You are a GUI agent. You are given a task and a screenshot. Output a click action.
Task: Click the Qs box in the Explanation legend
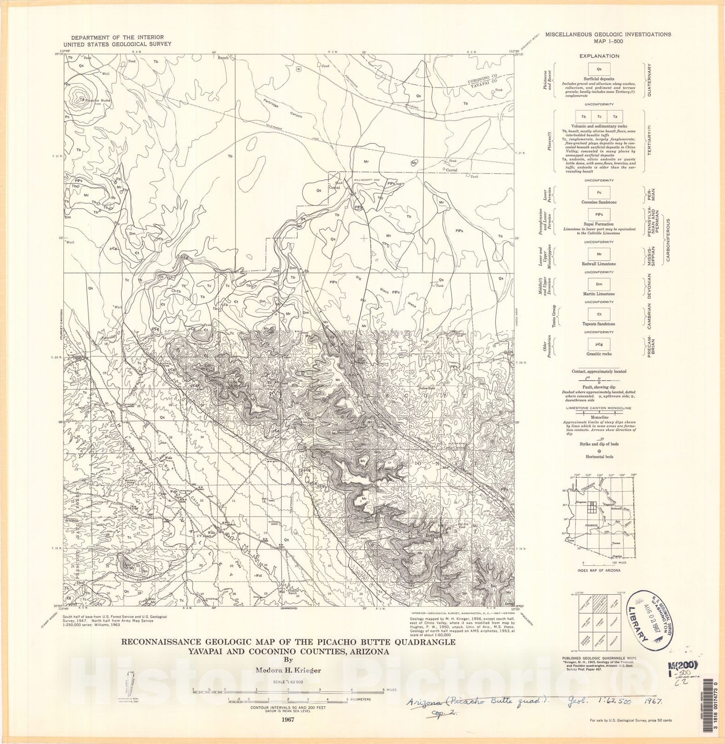point(599,69)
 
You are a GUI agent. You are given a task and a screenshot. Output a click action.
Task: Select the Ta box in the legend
point(615,117)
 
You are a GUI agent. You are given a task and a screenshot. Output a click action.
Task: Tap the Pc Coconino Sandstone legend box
point(599,192)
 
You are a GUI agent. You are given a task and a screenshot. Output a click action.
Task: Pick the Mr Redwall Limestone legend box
point(599,254)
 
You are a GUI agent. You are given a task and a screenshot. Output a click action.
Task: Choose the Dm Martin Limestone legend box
point(599,284)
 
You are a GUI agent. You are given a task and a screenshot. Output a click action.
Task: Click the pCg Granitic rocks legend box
point(599,344)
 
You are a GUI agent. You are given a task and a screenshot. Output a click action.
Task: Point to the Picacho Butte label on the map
point(99,100)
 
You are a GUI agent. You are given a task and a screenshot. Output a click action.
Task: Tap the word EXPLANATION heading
point(599,56)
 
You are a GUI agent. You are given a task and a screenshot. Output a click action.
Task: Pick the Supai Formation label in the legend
point(599,224)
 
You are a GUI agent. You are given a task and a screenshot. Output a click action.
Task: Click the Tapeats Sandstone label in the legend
point(599,324)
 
